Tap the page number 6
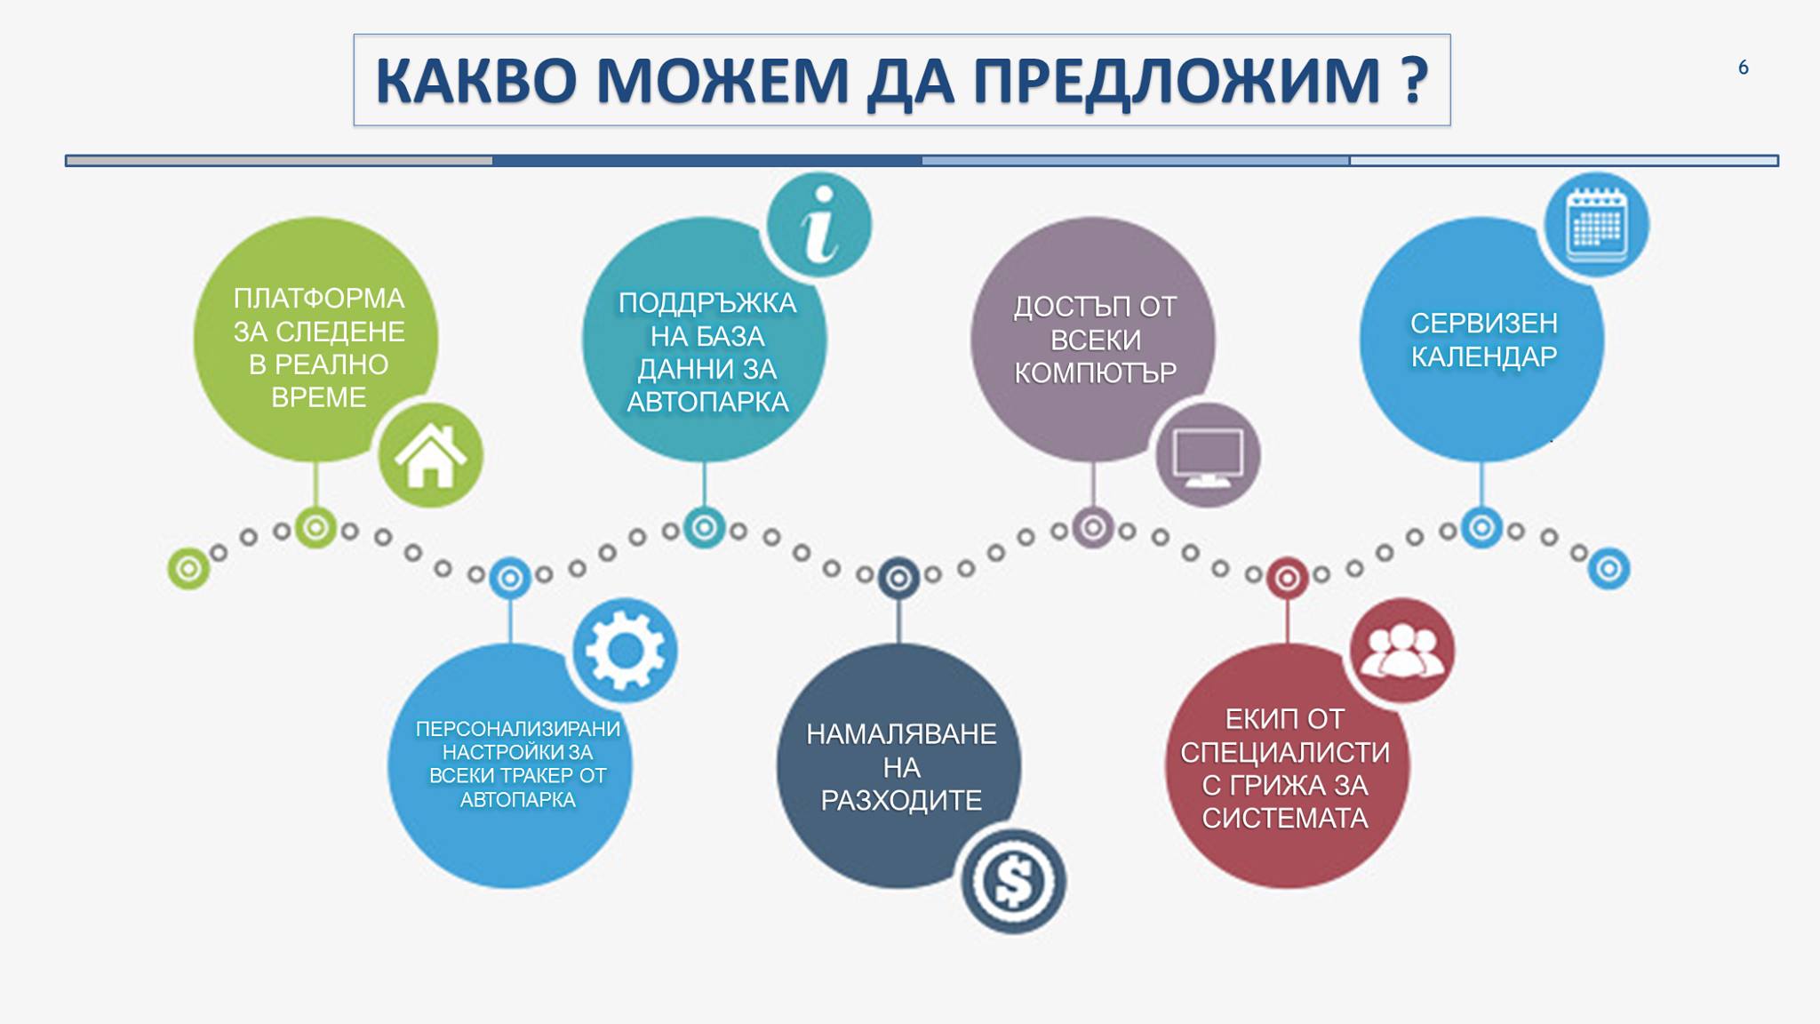coord(1743,68)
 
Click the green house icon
coord(430,455)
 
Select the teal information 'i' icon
coord(818,224)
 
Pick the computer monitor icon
coord(1208,455)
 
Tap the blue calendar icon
coord(1596,224)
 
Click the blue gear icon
coord(625,651)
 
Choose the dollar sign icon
coord(1013,881)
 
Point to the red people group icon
coord(1402,651)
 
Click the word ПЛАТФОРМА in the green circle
coord(318,299)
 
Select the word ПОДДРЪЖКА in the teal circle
coord(707,303)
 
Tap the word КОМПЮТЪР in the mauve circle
coord(1095,373)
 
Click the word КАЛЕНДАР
coord(1484,356)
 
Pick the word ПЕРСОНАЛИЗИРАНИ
coord(518,729)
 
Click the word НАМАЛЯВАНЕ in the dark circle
coord(901,734)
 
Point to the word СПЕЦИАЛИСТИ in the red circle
coord(1285,753)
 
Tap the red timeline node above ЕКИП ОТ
coord(1287,579)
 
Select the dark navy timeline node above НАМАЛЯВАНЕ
coord(898,579)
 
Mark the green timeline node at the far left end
coord(188,568)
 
